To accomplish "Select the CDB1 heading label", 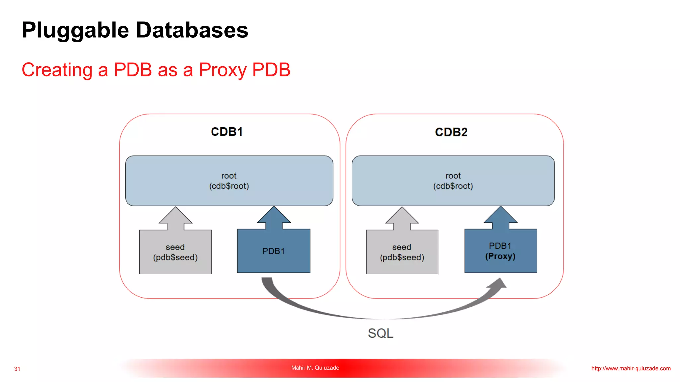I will tap(227, 132).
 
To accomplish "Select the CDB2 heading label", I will tap(451, 132).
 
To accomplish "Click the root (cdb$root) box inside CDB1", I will tap(229, 181).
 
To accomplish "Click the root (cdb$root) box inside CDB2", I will tap(453, 181).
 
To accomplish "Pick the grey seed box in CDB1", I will tap(175, 252).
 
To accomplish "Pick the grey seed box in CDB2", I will tap(402, 252).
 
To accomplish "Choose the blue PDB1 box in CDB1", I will tap(274, 251).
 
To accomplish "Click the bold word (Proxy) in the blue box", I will tap(500, 256).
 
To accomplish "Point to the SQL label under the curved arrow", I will tap(381, 333).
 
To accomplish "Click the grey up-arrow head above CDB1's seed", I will tap(175, 216).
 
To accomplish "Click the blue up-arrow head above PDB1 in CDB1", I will tap(274, 216).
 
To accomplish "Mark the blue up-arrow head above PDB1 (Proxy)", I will tap(500, 216).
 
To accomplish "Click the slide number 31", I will tap(17, 369).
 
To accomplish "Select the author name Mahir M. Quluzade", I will tap(315, 368).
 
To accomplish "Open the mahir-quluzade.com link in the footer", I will tap(631, 368).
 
